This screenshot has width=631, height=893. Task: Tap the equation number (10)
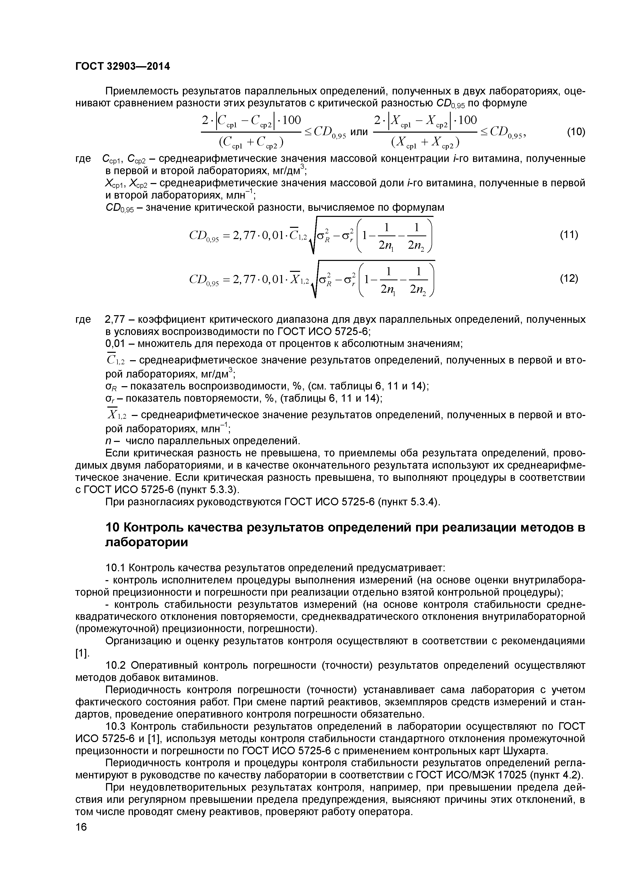click(576, 132)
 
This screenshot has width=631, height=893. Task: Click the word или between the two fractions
click(359, 132)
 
